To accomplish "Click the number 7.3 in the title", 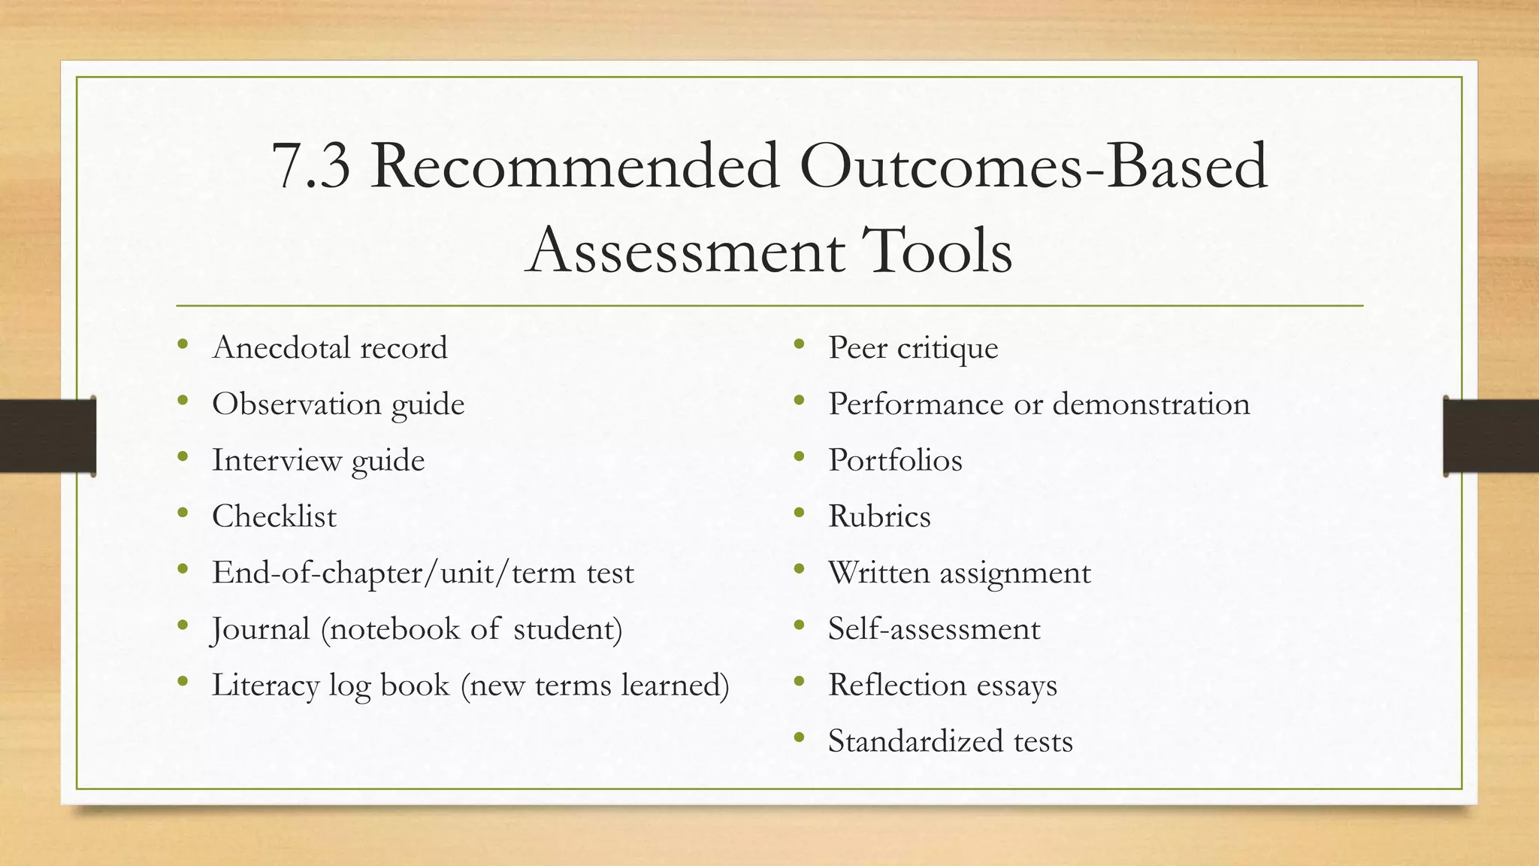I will [x=310, y=166].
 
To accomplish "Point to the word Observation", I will [x=296, y=404].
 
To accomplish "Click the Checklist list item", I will [x=274, y=516].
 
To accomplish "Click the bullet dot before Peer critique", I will [x=799, y=345].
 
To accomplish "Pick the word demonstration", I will [x=1150, y=404].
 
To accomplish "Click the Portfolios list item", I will [x=895, y=460].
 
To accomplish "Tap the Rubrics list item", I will [x=879, y=516].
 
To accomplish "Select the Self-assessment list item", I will [x=934, y=629].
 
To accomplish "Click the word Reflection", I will [x=896, y=686].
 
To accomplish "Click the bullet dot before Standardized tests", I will [x=799, y=738].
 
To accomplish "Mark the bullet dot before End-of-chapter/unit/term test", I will [x=183, y=570].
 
